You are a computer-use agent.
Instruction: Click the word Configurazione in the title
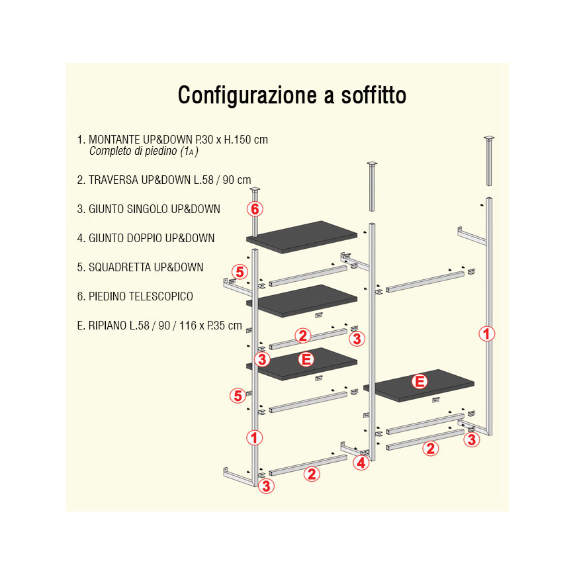point(247,96)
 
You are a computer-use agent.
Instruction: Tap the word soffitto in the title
point(374,95)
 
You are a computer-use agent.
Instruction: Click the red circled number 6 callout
point(255,209)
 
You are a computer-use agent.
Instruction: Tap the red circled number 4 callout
point(361,463)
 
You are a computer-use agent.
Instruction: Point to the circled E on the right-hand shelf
point(420,381)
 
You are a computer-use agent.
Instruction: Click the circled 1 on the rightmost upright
point(487,334)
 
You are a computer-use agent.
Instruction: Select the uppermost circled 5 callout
point(240,272)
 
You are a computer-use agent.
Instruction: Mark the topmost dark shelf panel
point(302,237)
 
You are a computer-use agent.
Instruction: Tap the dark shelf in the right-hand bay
point(418,386)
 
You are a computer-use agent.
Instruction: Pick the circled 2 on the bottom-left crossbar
point(312,474)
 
